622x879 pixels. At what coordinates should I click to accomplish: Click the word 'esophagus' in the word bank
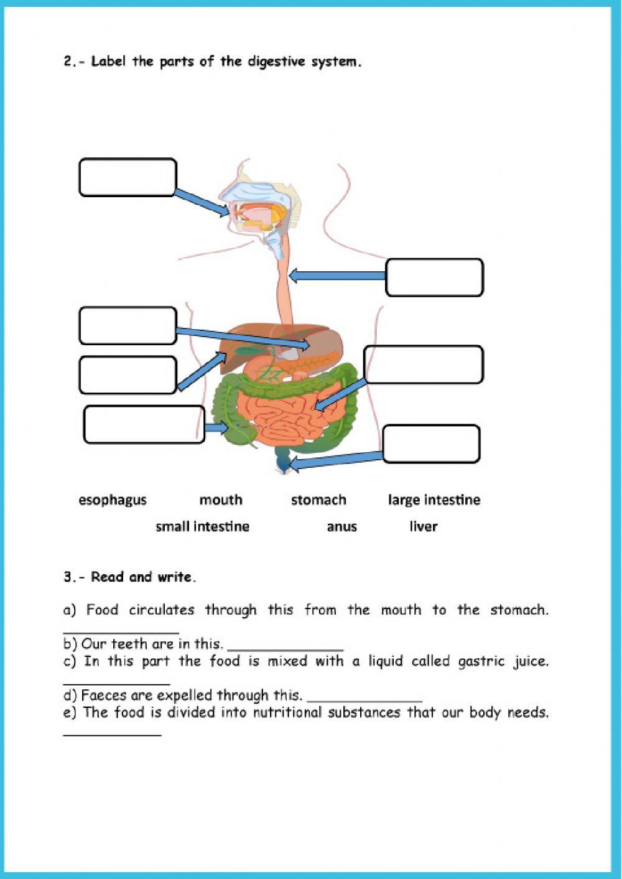(113, 500)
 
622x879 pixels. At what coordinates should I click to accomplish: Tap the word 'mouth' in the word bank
(221, 500)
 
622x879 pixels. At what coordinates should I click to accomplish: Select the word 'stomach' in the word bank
(318, 500)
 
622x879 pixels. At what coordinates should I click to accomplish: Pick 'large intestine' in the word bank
(434, 500)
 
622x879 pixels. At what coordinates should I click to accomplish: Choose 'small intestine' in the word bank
(202, 527)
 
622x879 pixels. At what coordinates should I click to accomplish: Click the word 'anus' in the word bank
(341, 527)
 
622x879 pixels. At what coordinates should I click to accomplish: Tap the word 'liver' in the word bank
(424, 527)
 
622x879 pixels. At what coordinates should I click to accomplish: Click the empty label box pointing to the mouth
(128, 177)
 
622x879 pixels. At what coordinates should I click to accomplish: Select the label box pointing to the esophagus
(434, 277)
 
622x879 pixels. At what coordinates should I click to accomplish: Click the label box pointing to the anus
(431, 444)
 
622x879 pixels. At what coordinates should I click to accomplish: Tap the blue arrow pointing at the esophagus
(337, 275)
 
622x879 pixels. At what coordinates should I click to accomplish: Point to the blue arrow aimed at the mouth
(202, 203)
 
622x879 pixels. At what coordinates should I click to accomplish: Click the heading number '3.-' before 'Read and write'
(74, 577)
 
